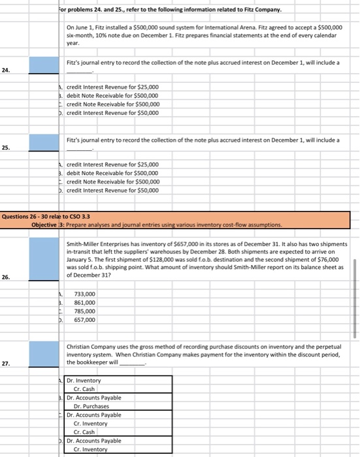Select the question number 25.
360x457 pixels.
(5, 148)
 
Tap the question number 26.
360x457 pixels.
(5, 276)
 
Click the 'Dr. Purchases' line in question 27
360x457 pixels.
(91, 406)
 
